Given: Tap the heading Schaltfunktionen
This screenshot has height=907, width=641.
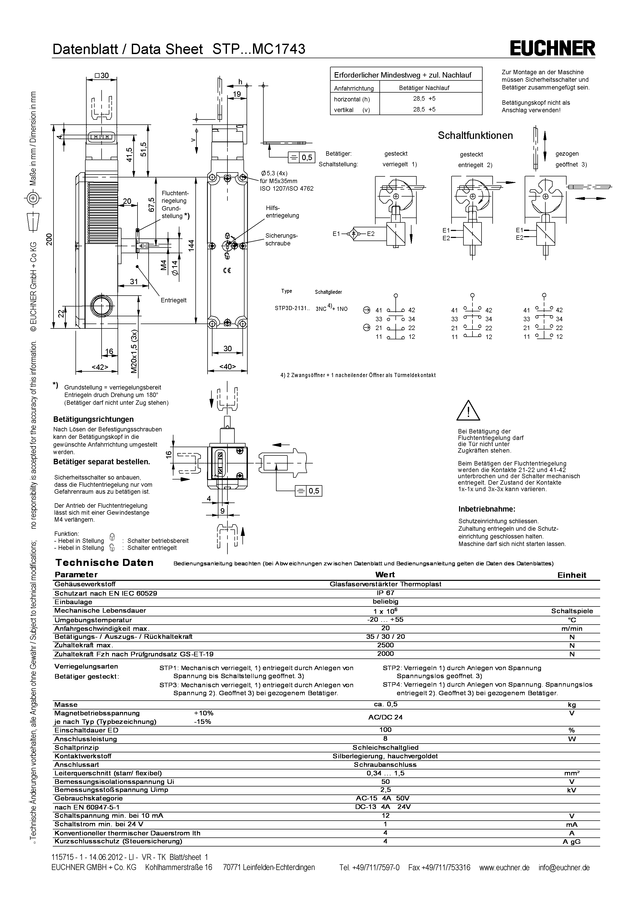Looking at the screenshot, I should (475, 136).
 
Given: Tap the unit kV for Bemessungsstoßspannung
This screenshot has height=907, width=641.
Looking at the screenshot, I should (571, 790).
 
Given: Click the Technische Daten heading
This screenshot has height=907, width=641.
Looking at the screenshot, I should (104, 563).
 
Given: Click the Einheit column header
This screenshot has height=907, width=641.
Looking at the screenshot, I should (571, 575).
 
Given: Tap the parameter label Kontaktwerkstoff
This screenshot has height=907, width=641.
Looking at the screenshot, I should (83, 756).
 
